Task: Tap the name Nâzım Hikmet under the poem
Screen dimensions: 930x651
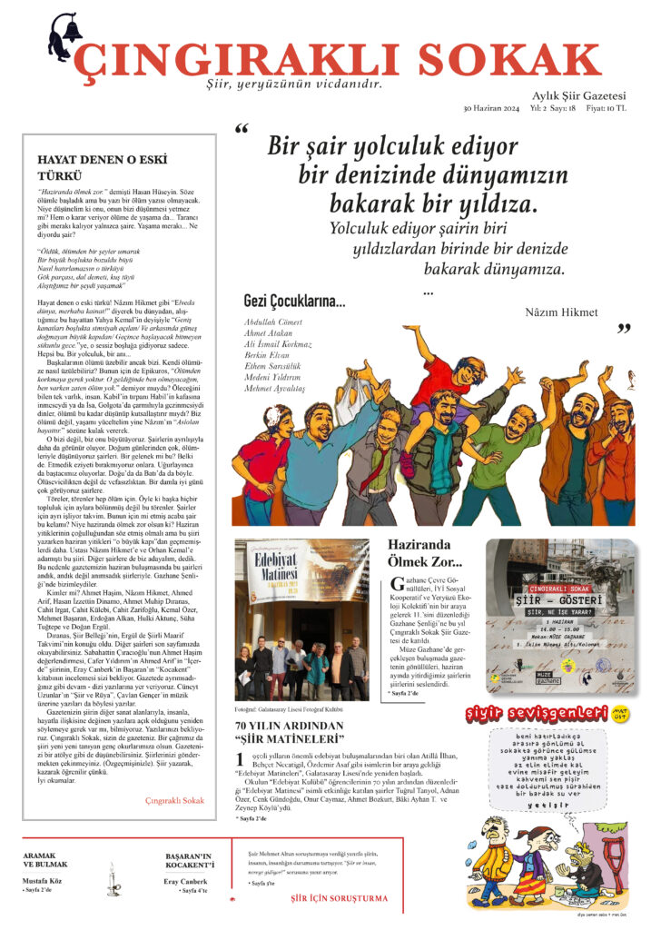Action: pos(561,313)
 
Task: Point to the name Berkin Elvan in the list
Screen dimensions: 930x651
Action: pos(265,358)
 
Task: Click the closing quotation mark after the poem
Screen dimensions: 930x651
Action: pos(624,328)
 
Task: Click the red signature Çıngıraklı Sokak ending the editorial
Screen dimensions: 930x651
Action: pos(174,800)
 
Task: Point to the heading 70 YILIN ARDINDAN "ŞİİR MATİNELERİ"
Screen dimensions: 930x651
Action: pos(289,733)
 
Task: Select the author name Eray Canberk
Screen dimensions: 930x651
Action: pos(185,882)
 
